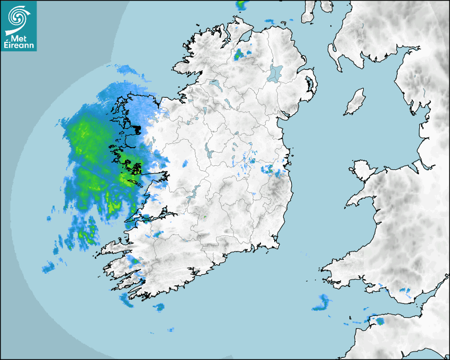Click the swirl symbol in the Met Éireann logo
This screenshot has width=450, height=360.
[x=19, y=17]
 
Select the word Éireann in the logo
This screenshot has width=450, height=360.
[x=19, y=46]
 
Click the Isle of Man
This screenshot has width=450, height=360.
[x=355, y=102]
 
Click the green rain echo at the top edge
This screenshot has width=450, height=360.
[x=242, y=5]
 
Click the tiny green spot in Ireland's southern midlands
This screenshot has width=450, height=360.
[x=205, y=217]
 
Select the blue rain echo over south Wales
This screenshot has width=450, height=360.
[x=405, y=291]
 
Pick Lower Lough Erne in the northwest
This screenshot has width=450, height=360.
[x=214, y=84]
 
